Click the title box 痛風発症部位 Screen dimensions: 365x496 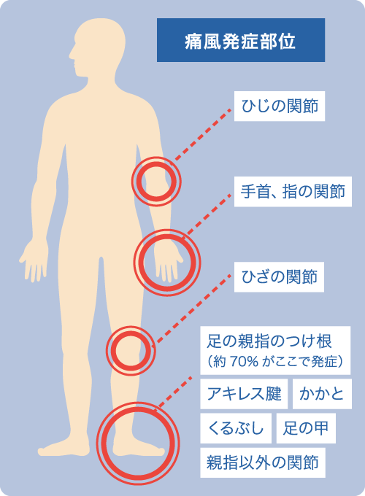241,40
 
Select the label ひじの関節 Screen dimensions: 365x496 280,106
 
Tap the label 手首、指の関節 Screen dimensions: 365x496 293,191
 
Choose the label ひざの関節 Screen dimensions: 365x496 279,276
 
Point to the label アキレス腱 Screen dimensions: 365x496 244,394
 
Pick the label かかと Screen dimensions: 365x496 322,394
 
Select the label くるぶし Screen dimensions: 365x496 236,428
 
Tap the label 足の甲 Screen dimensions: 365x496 306,428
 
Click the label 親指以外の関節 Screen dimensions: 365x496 263,462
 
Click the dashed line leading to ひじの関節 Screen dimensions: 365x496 203,135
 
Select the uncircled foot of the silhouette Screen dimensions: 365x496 64,449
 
